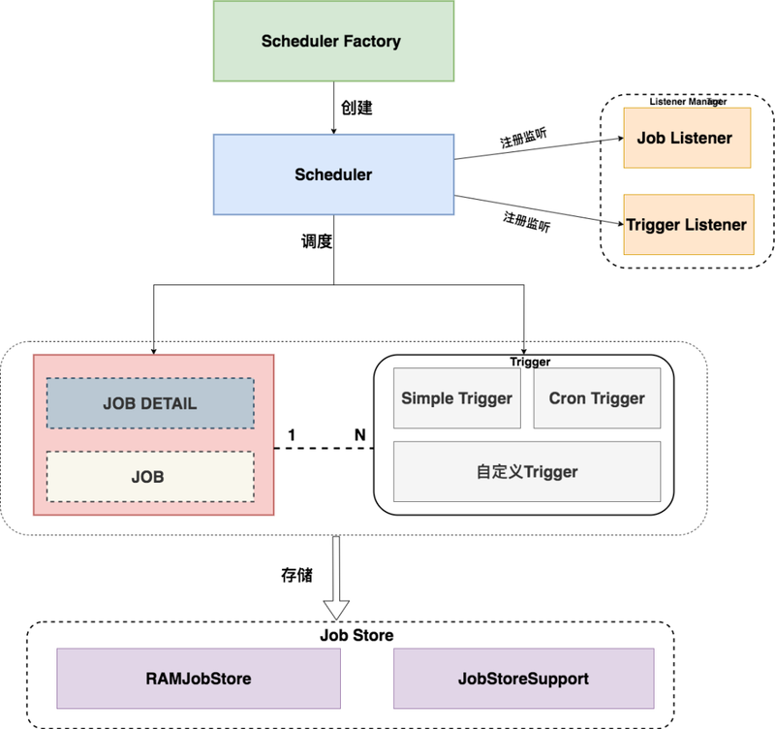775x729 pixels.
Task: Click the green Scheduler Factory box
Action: tap(332, 41)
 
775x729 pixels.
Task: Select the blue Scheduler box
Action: tap(333, 174)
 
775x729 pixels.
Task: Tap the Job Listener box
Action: tap(686, 138)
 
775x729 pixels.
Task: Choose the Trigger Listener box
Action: tap(687, 225)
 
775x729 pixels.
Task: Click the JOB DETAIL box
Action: tap(150, 403)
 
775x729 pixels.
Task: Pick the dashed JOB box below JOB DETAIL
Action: tap(150, 476)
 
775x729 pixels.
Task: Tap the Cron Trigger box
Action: tap(597, 398)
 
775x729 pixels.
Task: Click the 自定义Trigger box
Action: tap(527, 472)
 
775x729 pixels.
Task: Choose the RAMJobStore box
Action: tap(199, 679)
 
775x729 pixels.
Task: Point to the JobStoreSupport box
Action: tap(524, 679)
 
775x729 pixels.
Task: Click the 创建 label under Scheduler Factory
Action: tap(356, 108)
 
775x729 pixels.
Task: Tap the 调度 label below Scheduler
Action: tap(317, 241)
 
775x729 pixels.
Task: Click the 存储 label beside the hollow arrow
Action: tap(295, 575)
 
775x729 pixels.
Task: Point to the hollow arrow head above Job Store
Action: tap(336, 609)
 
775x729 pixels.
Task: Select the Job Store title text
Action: tap(356, 636)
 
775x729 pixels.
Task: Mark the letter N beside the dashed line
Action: tap(359, 435)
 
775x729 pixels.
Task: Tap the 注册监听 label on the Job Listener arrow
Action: tap(522, 137)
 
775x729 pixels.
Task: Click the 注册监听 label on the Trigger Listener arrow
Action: tap(526, 220)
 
